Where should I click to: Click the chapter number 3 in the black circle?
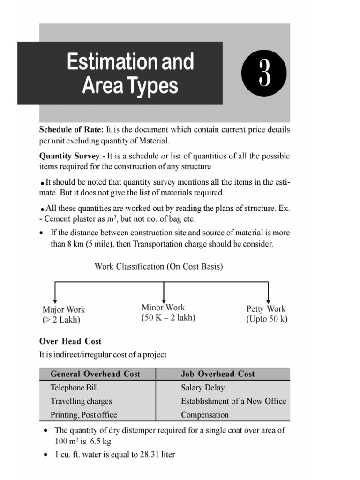tap(264, 75)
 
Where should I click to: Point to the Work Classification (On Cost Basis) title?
tap(159, 267)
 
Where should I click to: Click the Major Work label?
tap(64, 309)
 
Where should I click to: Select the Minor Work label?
tap(163, 307)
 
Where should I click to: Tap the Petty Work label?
tap(266, 309)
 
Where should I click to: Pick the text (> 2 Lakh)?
tap(61, 320)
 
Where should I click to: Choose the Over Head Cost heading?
tap(70, 341)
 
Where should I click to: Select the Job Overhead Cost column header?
tap(217, 374)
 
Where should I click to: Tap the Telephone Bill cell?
tap(74, 388)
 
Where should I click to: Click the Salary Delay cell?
tap(202, 388)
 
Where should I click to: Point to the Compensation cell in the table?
tap(205, 415)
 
